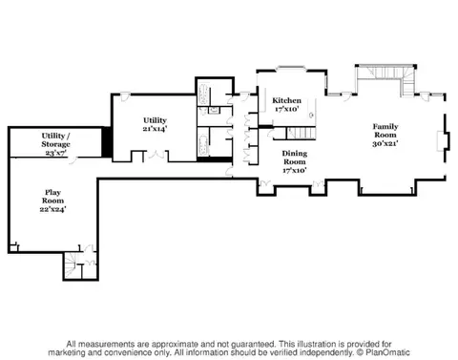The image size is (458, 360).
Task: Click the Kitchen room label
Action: click(x=286, y=100)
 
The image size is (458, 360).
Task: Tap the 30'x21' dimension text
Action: click(x=385, y=143)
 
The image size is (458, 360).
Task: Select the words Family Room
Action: click(x=385, y=131)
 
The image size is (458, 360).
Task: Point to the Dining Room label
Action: click(x=295, y=158)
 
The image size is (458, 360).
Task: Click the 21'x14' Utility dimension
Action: click(x=155, y=129)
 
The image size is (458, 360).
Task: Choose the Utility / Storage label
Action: click(x=55, y=140)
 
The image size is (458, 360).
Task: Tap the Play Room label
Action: click(x=52, y=197)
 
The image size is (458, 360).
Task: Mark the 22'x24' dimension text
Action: click(x=52, y=209)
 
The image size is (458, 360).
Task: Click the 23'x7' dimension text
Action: click(x=55, y=153)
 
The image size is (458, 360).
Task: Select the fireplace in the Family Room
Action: click(x=443, y=141)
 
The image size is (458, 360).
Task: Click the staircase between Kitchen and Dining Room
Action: click(x=302, y=134)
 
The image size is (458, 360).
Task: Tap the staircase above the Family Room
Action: click(x=386, y=79)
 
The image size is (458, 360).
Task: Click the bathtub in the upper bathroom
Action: click(x=203, y=95)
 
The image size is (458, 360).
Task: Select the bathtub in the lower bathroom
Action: click(x=203, y=145)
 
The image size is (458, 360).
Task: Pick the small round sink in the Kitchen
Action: click(x=312, y=115)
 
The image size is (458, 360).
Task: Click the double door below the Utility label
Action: click(x=156, y=155)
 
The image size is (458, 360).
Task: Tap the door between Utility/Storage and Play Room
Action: click(x=73, y=160)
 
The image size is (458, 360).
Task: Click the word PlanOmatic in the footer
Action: click(x=387, y=352)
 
